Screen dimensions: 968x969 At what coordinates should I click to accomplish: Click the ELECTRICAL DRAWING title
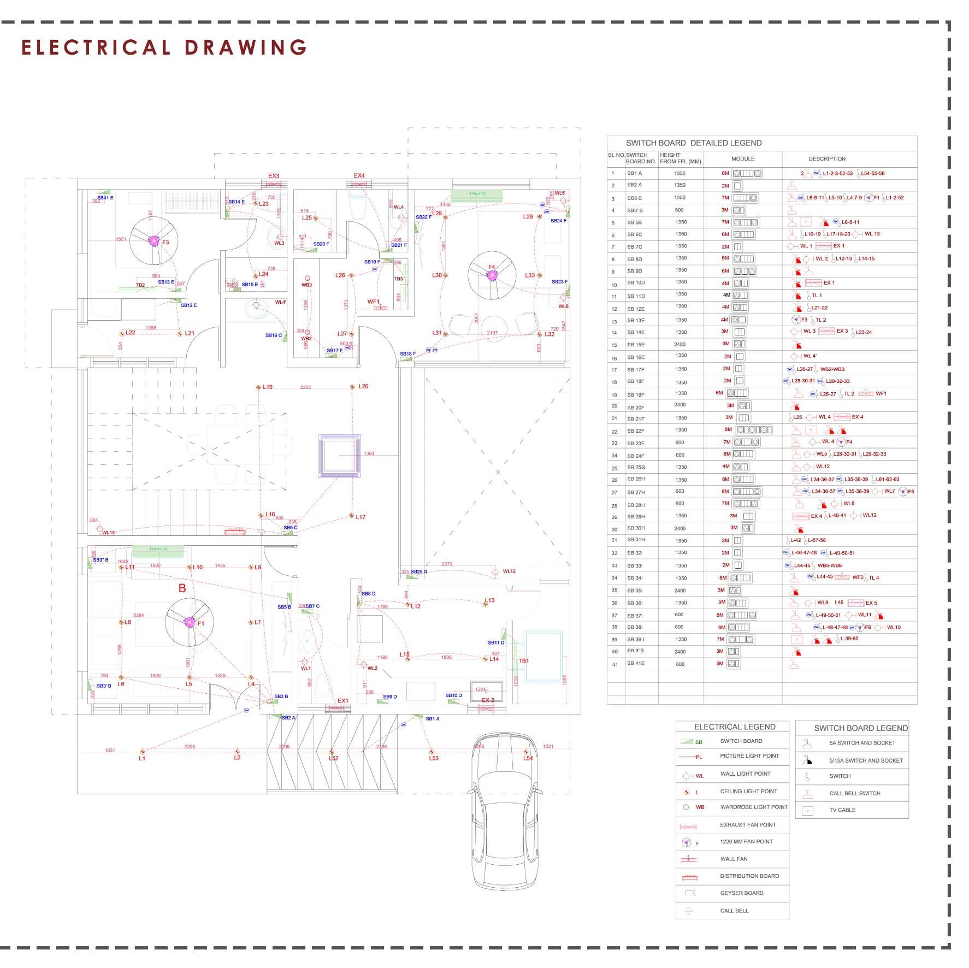(x=164, y=48)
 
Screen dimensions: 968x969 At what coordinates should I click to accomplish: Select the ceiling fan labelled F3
(x=154, y=241)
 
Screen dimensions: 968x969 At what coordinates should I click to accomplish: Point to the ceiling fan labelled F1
(x=190, y=622)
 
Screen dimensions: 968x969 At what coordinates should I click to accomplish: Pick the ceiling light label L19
(x=268, y=387)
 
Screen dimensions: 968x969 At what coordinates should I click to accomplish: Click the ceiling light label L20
(x=363, y=386)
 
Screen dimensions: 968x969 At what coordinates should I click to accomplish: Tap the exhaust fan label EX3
(x=274, y=176)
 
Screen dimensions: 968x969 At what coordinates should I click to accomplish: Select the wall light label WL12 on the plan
(x=509, y=571)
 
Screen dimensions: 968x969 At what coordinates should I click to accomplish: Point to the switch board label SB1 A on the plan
(x=433, y=719)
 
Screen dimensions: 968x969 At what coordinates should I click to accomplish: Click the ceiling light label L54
(x=528, y=758)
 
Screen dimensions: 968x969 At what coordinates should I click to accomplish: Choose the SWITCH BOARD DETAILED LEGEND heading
(x=694, y=143)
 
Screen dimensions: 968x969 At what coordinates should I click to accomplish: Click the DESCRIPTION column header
(x=827, y=159)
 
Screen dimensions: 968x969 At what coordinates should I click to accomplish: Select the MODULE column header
(x=743, y=159)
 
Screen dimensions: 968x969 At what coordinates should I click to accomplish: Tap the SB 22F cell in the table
(x=635, y=431)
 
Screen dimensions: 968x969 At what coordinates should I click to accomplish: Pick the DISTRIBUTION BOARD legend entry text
(x=749, y=876)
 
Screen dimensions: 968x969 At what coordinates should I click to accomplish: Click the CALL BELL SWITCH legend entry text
(x=854, y=793)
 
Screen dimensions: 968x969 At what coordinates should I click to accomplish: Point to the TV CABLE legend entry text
(x=842, y=810)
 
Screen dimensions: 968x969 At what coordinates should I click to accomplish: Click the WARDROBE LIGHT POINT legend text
(x=754, y=807)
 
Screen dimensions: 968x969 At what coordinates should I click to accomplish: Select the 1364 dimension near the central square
(x=369, y=453)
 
